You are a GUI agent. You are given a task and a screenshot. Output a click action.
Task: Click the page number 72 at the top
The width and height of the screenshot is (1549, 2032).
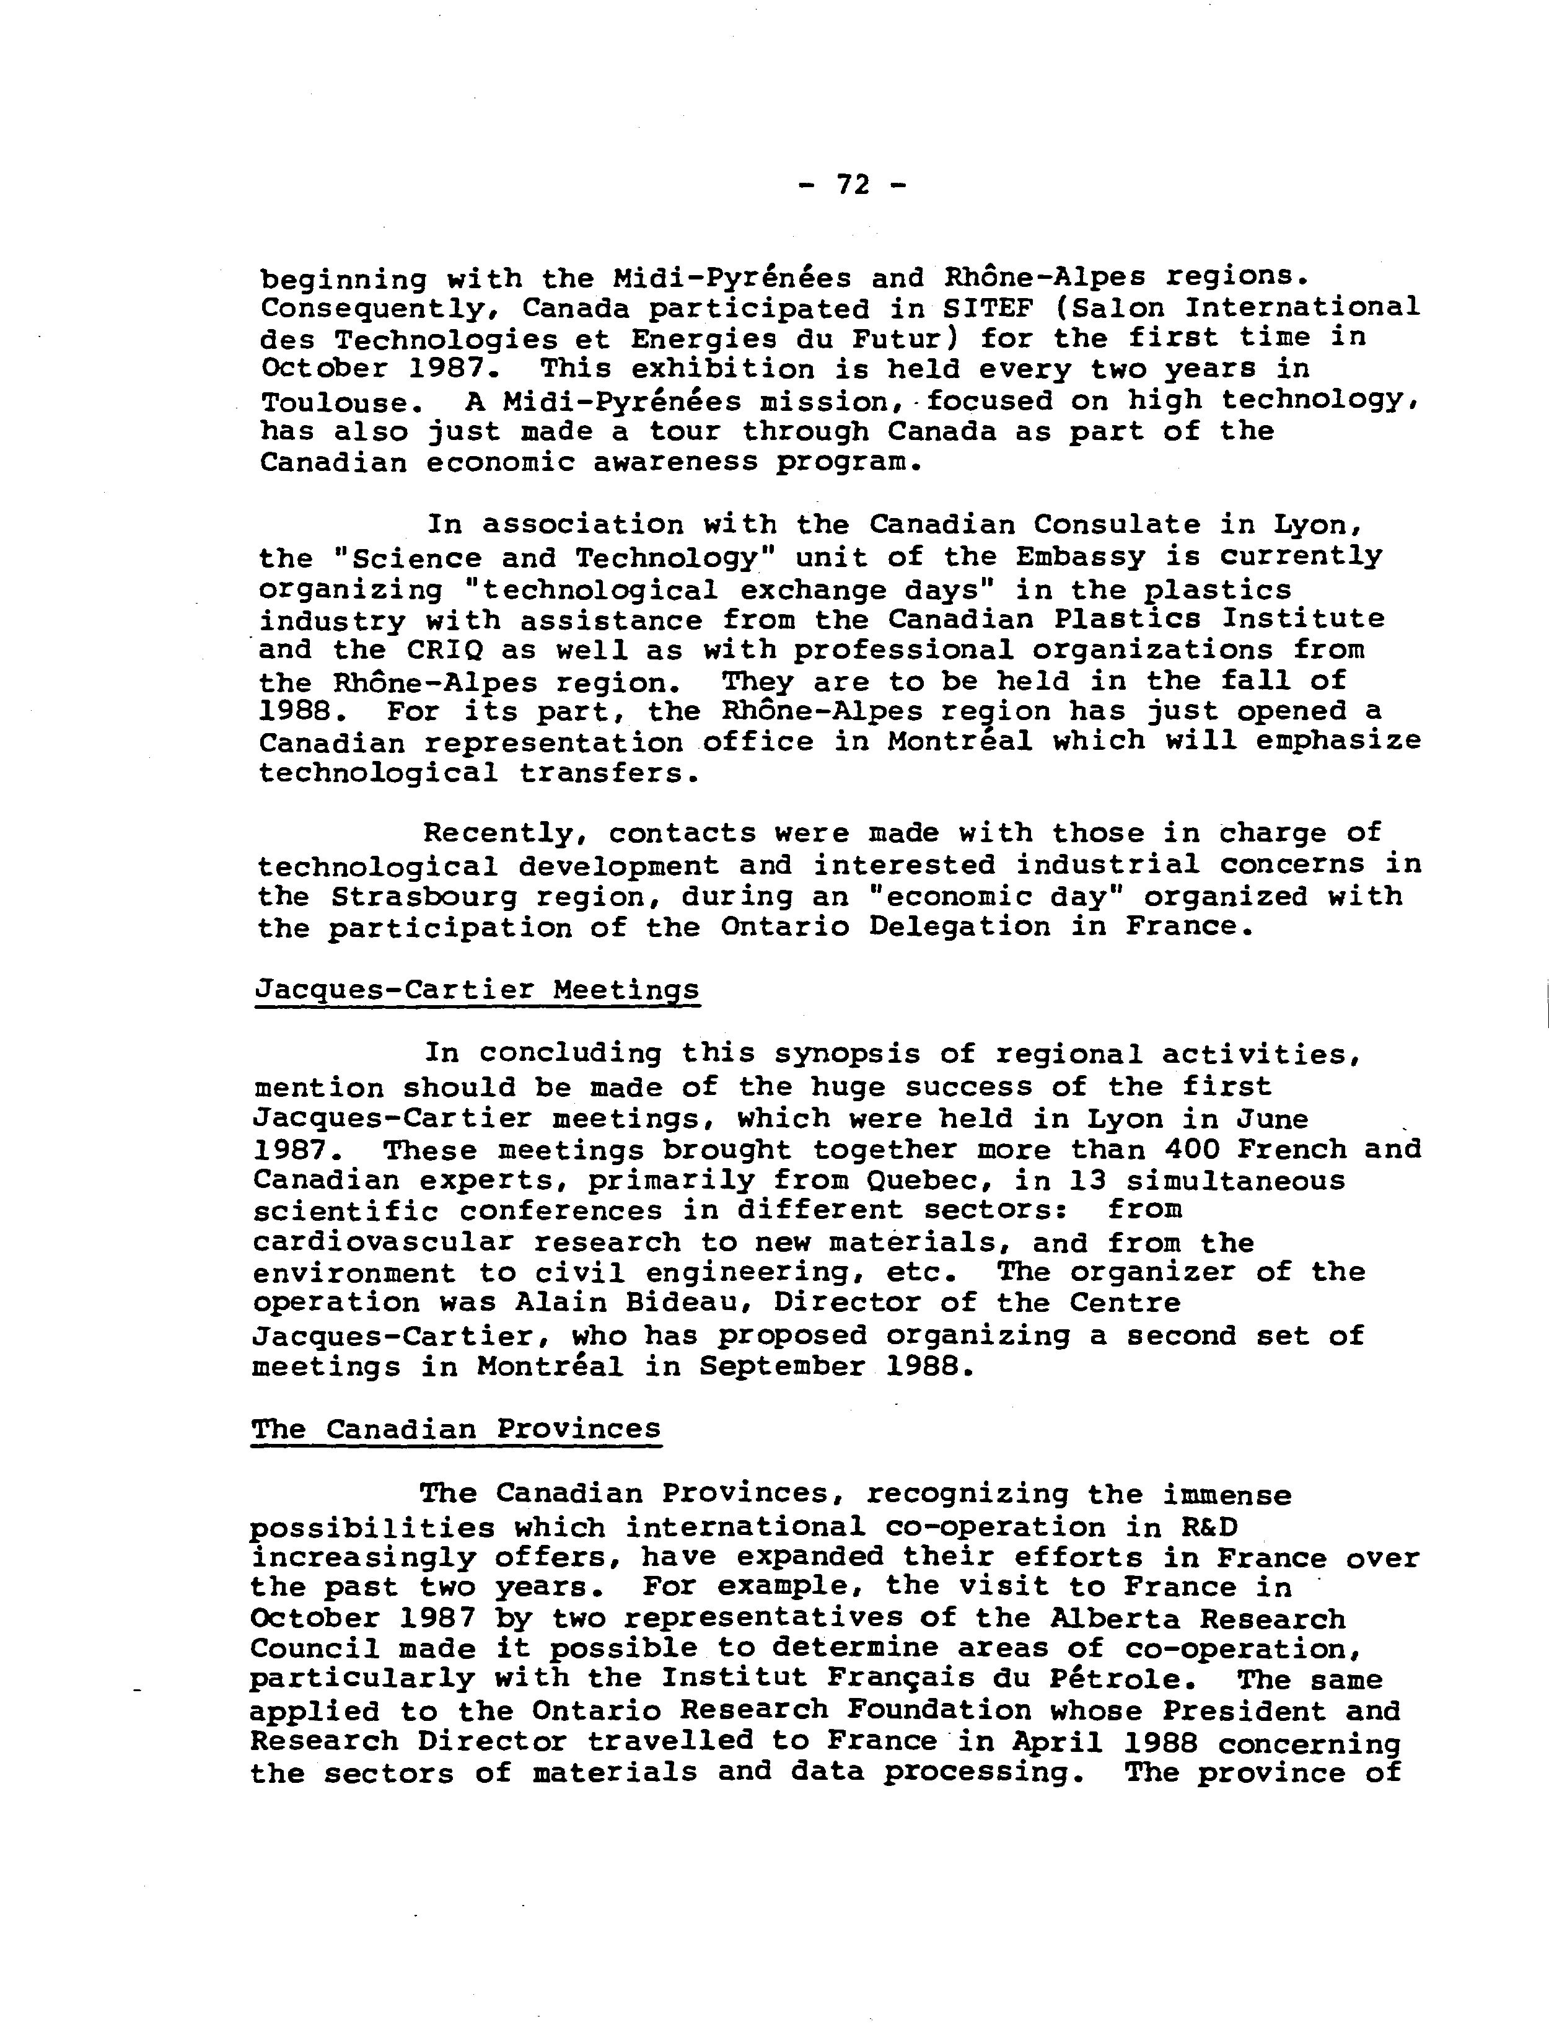tap(853, 185)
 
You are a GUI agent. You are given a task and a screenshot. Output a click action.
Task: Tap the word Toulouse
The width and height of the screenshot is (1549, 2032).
tap(334, 402)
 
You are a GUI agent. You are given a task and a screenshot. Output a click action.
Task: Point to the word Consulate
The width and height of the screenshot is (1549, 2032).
tap(1116, 525)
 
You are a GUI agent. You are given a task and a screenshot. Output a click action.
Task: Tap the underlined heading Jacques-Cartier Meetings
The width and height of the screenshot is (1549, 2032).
tap(476, 990)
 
